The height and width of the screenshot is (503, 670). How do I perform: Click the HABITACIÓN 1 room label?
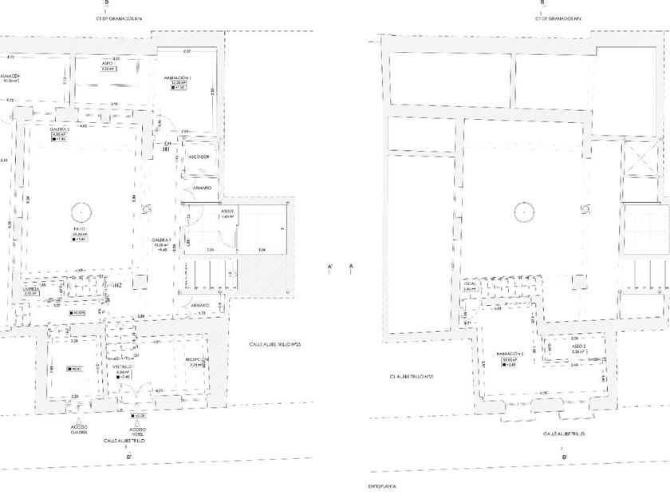179,78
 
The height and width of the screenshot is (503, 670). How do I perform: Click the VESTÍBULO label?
123,366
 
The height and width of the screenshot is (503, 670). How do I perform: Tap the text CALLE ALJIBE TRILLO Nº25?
274,345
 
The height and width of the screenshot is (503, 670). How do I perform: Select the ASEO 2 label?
558,346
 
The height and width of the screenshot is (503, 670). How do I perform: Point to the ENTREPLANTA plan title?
382,485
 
